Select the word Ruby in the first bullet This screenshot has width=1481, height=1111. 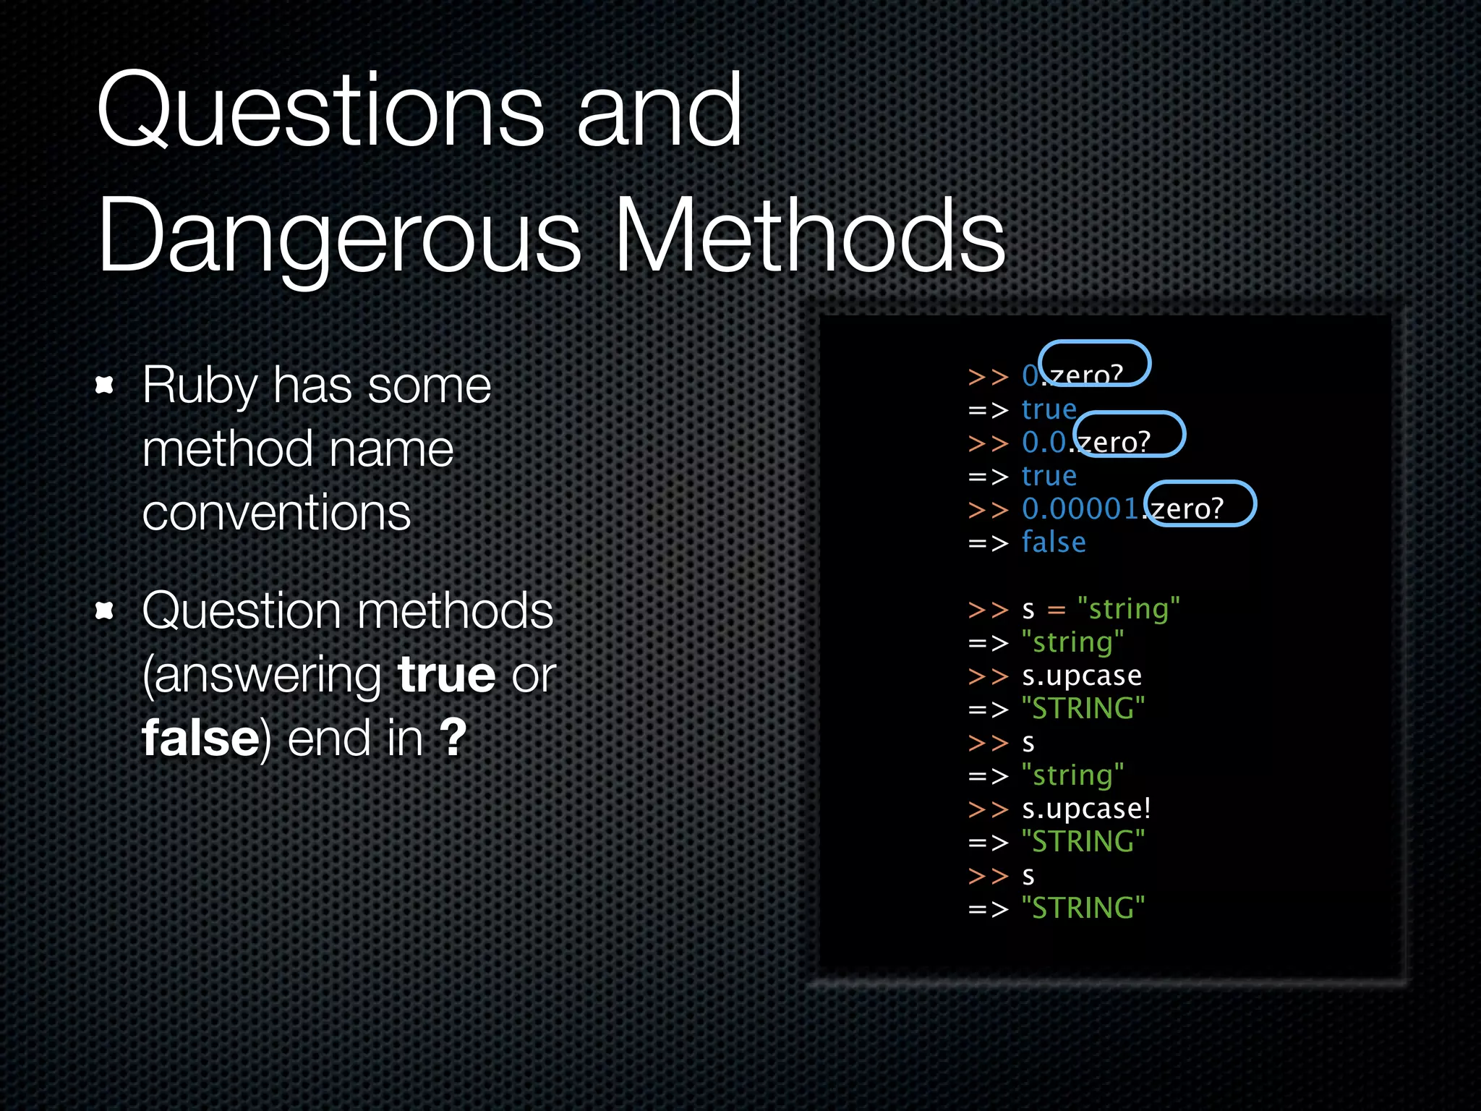(199, 386)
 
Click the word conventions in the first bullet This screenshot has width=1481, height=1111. (276, 513)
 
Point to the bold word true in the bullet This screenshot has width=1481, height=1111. (446, 674)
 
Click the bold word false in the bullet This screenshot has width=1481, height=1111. (200, 738)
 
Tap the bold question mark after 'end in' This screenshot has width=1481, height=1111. (453, 737)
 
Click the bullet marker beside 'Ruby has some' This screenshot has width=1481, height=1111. (105, 385)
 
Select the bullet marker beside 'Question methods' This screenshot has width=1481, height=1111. (105, 611)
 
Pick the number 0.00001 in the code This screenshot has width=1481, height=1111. (1080, 509)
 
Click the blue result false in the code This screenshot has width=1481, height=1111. (1054, 542)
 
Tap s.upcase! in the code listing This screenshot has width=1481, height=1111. (1085, 809)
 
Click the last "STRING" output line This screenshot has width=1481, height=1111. (1083, 908)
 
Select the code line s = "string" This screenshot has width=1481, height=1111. (1101, 609)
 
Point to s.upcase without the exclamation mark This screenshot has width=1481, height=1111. (1082, 676)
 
